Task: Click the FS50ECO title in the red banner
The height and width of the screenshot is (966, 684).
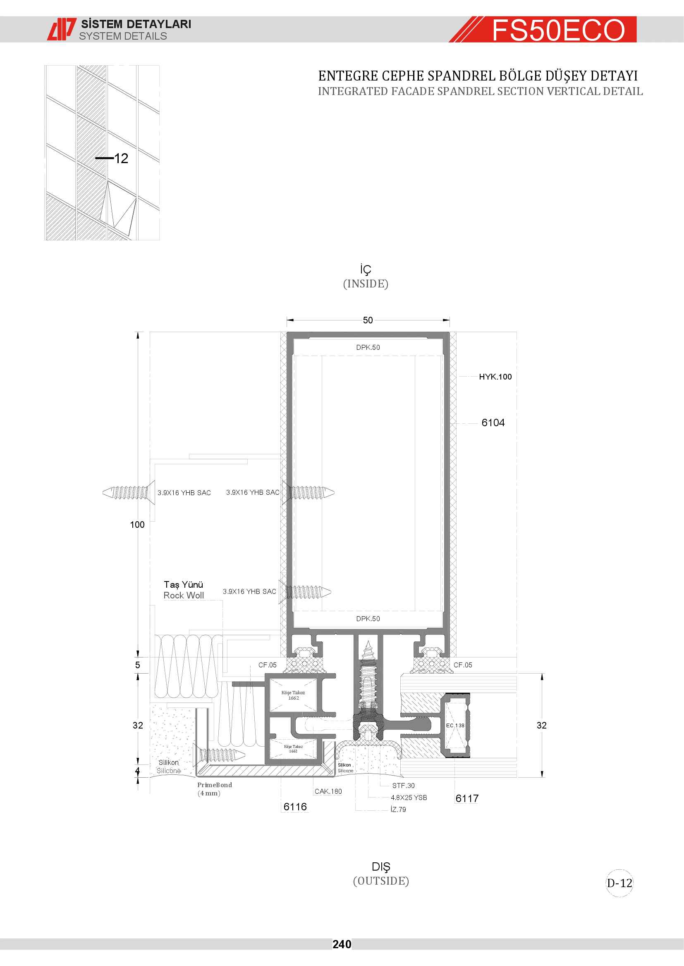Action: point(558,30)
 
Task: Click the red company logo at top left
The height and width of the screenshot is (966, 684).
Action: point(62,29)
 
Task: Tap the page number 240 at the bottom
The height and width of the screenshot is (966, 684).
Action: point(342,944)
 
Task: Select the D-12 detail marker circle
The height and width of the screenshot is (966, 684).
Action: point(619,883)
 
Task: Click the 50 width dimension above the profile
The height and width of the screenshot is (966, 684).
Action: point(368,320)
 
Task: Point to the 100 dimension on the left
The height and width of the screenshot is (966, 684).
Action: point(137,525)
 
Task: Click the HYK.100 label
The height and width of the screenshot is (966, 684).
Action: point(495,377)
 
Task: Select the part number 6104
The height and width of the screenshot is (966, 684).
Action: point(493,422)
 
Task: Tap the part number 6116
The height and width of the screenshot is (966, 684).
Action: point(295,807)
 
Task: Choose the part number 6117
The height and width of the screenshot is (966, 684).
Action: point(467,799)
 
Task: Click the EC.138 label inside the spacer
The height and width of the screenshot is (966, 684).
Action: point(455,725)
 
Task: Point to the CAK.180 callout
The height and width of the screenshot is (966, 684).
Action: point(328,791)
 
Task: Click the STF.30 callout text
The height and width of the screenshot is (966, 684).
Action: point(404,786)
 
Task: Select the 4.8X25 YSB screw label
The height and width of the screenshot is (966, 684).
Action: point(409,798)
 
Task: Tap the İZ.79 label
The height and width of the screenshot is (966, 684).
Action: point(398,809)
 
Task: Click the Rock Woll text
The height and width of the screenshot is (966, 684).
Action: point(184,596)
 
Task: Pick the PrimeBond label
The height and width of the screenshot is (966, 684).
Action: point(214,785)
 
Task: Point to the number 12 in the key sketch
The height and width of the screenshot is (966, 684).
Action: point(121,158)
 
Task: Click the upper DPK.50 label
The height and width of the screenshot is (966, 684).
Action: point(368,347)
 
